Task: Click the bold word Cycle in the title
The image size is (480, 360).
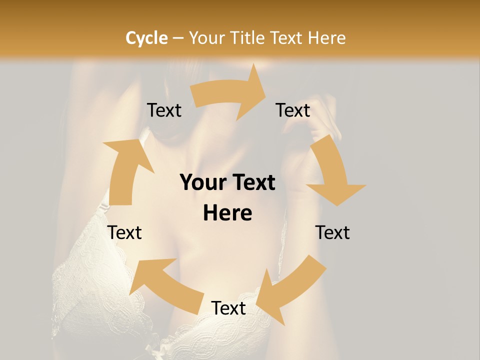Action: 146,38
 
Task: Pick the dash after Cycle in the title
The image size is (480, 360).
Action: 177,38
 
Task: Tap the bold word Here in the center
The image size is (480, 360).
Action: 227,213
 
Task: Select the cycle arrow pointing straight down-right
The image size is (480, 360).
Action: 332,172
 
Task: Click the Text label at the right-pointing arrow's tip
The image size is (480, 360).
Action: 293,110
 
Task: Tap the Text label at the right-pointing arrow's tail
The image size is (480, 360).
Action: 164,110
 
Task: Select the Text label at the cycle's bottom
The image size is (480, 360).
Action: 228,308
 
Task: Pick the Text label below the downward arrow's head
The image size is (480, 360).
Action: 332,232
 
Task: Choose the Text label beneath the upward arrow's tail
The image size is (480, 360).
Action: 125,232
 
